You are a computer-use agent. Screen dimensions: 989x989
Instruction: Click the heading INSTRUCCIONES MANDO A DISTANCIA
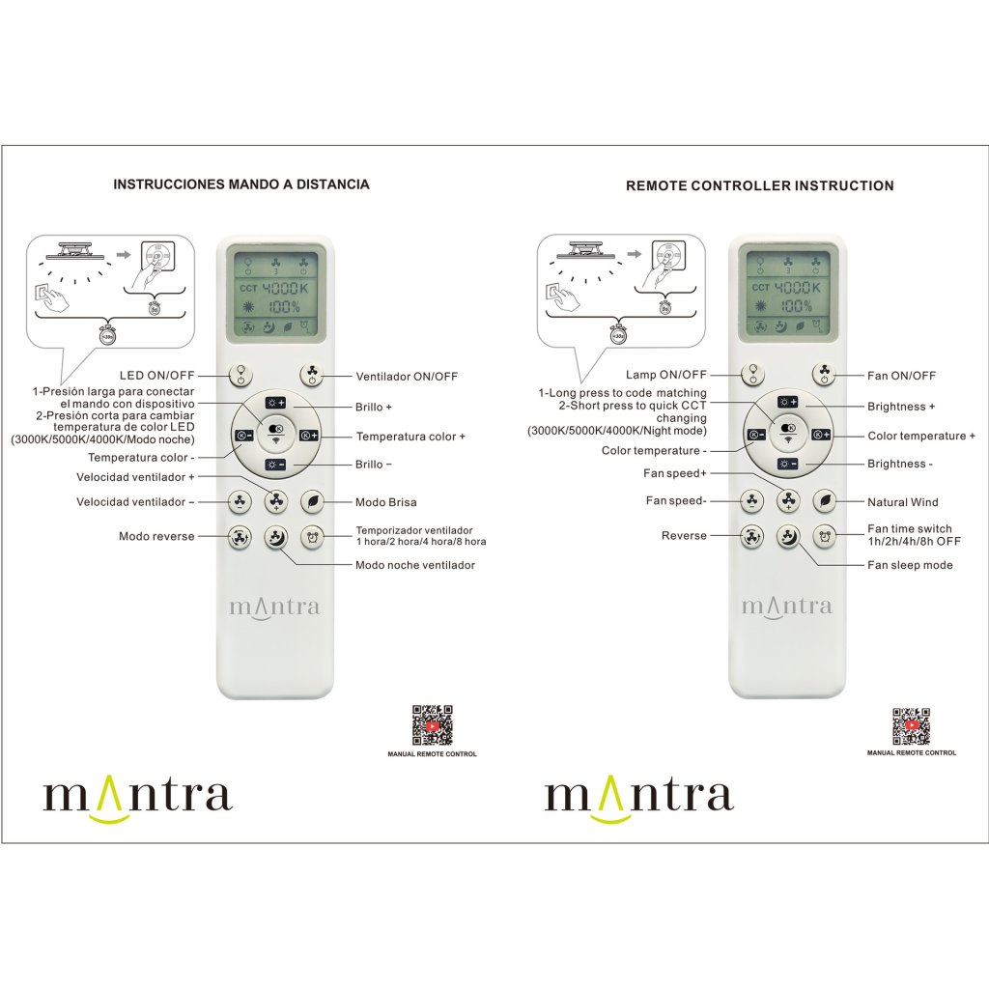tap(240, 184)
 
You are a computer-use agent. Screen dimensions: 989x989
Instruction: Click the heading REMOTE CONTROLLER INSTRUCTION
tap(759, 185)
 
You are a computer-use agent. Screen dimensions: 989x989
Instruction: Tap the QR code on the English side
tap(911, 726)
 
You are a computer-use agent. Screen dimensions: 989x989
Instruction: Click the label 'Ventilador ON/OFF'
tap(407, 376)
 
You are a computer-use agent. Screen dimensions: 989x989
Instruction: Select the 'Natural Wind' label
tap(902, 502)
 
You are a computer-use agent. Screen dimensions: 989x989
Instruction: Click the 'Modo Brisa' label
tap(386, 502)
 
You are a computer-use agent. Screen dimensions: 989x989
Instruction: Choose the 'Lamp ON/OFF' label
tap(666, 375)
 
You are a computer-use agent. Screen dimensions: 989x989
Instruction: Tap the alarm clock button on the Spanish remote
tap(311, 538)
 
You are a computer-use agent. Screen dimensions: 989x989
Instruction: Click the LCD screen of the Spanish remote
tap(273, 295)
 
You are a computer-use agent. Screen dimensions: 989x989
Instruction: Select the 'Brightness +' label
tap(900, 407)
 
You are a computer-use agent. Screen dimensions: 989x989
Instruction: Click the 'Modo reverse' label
tap(156, 536)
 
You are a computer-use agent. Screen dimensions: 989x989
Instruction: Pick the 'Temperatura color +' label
tap(410, 437)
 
